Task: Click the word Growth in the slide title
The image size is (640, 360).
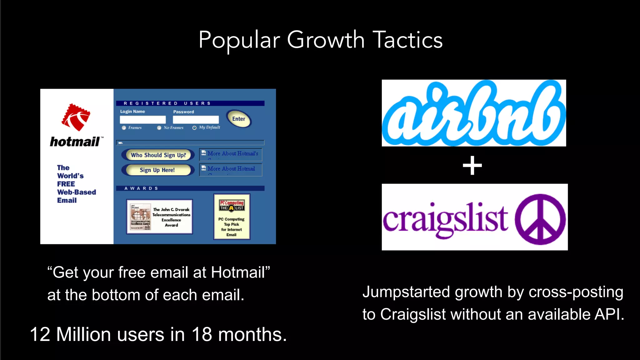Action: [x=326, y=40]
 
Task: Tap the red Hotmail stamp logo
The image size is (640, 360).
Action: [x=76, y=117]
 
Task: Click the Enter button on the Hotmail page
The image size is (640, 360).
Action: [x=239, y=119]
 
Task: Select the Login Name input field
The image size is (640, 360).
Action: [x=143, y=120]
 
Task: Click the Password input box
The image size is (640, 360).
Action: [x=196, y=120]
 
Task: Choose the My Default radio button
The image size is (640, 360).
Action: [x=194, y=127]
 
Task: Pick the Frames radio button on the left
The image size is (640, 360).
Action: [x=124, y=128]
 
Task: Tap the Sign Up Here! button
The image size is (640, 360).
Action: [x=157, y=170]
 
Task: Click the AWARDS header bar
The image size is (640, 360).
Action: [x=190, y=188]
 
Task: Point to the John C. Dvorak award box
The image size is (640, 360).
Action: [x=159, y=217]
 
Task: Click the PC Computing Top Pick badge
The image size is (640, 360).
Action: [x=232, y=217]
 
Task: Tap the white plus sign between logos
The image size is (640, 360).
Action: [x=472, y=166]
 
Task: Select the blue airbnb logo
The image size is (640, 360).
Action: [x=474, y=113]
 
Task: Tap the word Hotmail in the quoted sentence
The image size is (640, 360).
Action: [x=238, y=272]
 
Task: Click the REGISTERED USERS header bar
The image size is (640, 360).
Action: [x=190, y=103]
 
